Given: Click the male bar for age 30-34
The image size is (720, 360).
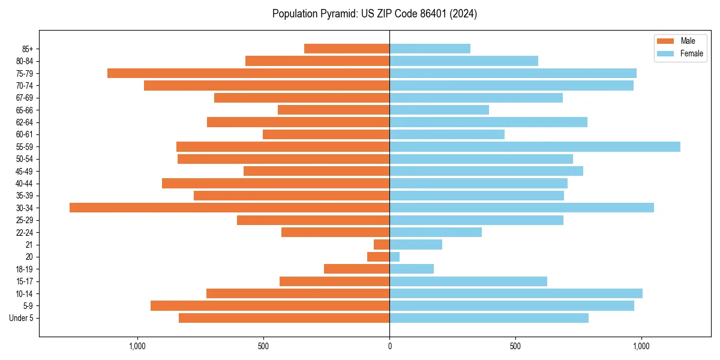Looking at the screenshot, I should [x=229, y=208].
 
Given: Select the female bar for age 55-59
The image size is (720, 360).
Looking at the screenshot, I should [x=535, y=146].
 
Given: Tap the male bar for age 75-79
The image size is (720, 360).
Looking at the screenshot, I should [x=248, y=73].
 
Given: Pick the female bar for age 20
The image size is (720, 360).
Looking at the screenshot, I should [x=395, y=257].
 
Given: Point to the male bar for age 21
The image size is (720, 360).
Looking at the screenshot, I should [x=382, y=245].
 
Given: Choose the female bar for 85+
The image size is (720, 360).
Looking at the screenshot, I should [x=430, y=49].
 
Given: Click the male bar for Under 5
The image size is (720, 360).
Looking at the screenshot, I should [x=284, y=318].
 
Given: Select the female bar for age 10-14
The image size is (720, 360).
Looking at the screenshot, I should [x=516, y=293].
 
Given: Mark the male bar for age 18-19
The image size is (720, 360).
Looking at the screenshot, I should [x=356, y=269].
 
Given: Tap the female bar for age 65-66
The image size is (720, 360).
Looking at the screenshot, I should [x=439, y=110].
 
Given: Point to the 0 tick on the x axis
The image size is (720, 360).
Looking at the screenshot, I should [x=389, y=346].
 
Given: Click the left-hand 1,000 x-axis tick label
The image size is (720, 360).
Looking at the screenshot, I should [x=137, y=346].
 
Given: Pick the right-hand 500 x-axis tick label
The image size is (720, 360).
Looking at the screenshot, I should [x=515, y=346].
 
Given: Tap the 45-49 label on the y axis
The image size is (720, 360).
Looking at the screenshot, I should [x=24, y=171].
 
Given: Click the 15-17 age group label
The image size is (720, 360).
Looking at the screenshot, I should [x=24, y=281].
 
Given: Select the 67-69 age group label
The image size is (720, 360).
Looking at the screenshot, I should [x=24, y=98].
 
